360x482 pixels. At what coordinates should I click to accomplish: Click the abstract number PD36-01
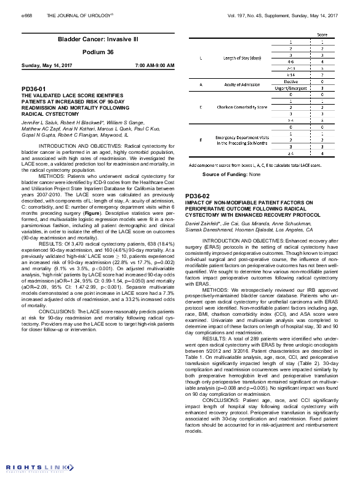click(x=33, y=89)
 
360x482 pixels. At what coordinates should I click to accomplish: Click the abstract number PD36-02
click(x=198, y=195)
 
